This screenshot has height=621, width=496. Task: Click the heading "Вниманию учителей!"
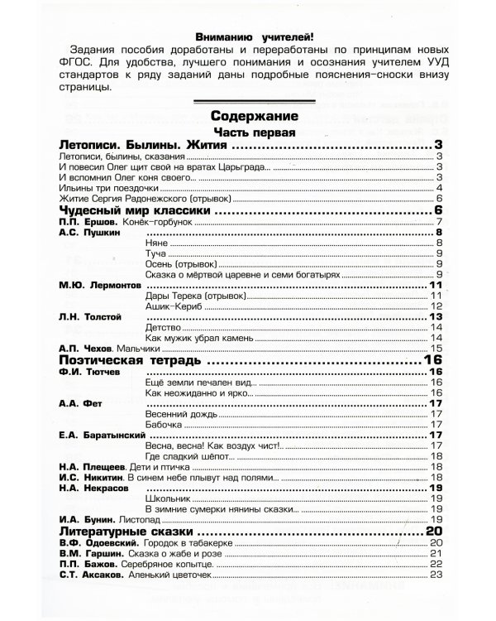pyautogui.click(x=253, y=36)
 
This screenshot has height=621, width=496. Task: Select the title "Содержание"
pyautogui.click(x=253, y=116)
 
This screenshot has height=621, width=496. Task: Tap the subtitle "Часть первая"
pyautogui.click(x=252, y=132)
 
